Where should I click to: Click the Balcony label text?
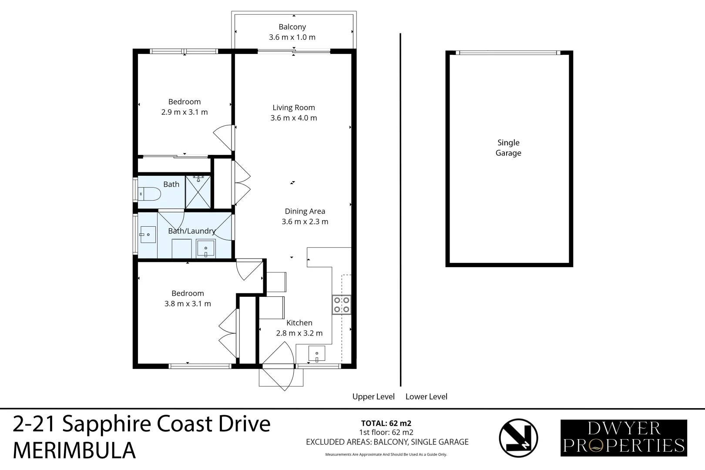292,27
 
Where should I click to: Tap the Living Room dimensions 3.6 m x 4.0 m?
294,118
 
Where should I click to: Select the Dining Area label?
305,211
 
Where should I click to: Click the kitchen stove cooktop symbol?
341,305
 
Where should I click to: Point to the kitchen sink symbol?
317,353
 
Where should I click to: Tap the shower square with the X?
198,192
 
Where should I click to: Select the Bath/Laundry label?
192,231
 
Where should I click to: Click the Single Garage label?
508,148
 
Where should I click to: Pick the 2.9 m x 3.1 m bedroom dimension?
185,112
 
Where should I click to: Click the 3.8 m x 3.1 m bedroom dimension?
188,304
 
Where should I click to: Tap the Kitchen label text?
299,323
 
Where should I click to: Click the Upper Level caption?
373,397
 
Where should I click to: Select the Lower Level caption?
426,397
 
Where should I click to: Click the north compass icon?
518,438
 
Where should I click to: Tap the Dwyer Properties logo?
624,438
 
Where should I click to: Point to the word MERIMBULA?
74,451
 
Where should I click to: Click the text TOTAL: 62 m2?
386,423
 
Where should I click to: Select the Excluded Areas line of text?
387,442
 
